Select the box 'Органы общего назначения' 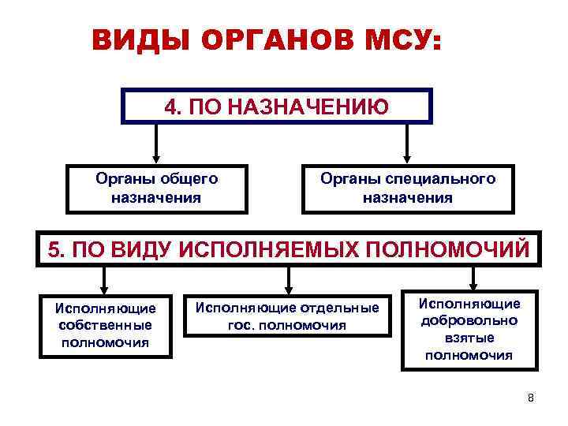coord(156,189)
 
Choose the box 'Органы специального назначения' coord(407,189)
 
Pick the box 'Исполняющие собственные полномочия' coord(106,325)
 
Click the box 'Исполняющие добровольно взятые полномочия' coord(469,329)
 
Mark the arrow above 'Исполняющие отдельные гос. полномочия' coord(288,278)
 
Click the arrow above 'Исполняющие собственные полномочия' coord(104,278)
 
